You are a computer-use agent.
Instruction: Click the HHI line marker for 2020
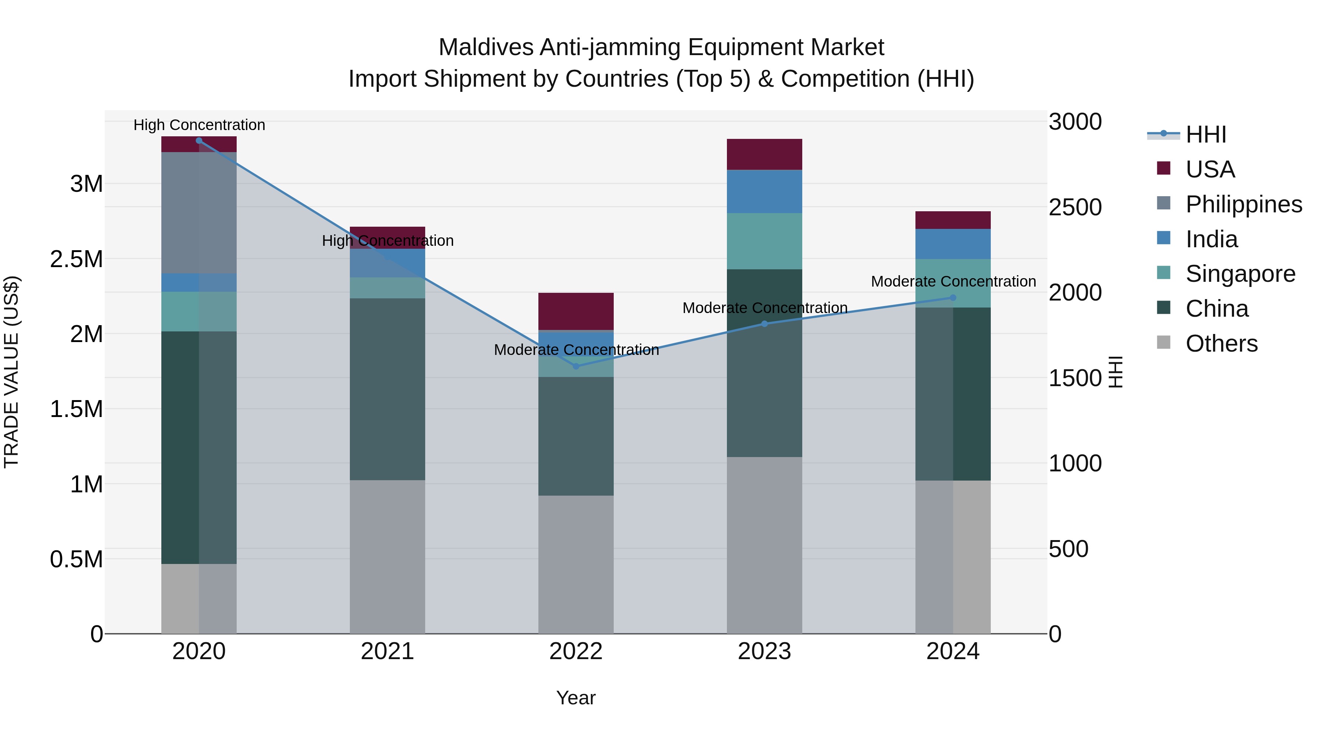click(199, 141)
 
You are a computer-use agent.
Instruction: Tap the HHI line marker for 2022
click(576, 366)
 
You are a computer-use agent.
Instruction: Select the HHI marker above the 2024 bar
click(953, 297)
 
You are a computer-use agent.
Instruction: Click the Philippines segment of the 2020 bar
click(199, 213)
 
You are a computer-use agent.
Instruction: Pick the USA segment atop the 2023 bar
click(764, 154)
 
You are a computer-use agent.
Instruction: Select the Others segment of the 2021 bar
click(387, 557)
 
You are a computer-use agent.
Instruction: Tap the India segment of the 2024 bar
click(953, 244)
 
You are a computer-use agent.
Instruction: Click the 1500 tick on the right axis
click(1075, 378)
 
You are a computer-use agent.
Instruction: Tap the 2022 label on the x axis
click(576, 651)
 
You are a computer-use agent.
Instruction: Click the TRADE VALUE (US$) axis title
click(12, 372)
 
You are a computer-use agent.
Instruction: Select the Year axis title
click(576, 698)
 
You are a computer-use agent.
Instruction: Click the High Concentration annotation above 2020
click(199, 125)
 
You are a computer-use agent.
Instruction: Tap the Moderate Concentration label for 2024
click(953, 281)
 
